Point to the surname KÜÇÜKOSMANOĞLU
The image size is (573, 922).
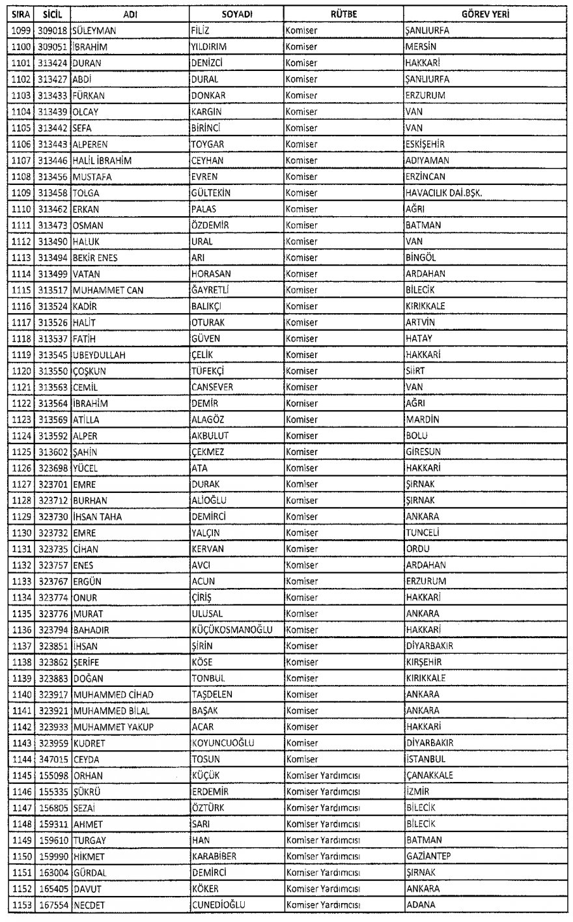(231, 630)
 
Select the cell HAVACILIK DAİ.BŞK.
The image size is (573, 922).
(443, 193)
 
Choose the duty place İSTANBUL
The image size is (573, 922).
(425, 759)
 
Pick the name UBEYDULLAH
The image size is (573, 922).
(100, 354)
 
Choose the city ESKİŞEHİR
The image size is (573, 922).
(425, 144)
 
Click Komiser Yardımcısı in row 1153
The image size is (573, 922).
(324, 905)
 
